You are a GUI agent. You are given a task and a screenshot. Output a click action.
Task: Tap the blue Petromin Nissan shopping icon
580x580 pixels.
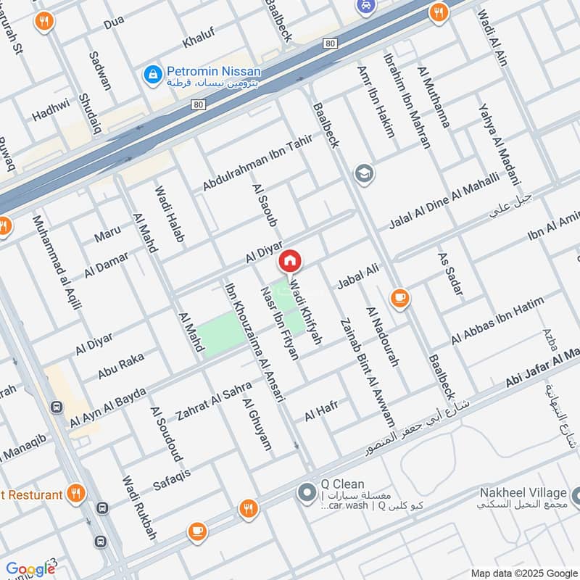[152, 73]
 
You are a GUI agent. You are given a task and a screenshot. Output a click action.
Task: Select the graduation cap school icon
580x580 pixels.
[363, 174]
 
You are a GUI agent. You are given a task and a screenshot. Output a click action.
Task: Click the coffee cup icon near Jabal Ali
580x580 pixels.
[399, 297]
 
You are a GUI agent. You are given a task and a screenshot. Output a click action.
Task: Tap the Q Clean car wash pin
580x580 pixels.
[305, 493]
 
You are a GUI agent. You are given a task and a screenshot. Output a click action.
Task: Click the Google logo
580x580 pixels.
[30, 569]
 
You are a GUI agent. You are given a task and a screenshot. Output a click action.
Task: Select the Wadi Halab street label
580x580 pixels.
[169, 214]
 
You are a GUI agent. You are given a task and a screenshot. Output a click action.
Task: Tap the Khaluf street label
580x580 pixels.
[199, 39]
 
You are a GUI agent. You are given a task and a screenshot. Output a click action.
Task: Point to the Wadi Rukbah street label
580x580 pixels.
[139, 508]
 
